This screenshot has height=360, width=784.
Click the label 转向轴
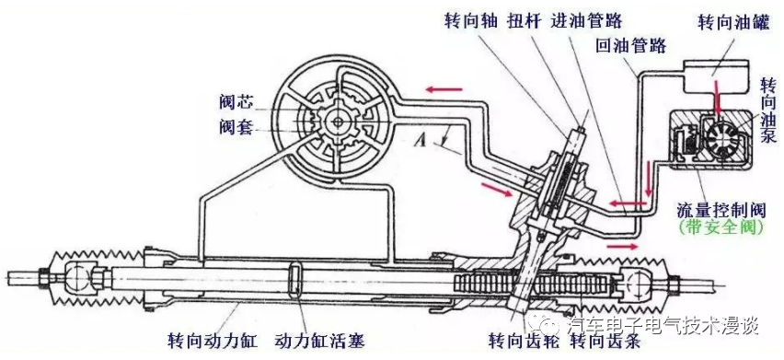[x=471, y=21]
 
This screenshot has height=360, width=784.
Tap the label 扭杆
[x=524, y=21]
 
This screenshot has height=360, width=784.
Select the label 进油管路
[x=586, y=21]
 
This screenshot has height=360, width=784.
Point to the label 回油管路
[x=631, y=46]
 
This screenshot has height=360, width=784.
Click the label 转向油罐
[x=733, y=23]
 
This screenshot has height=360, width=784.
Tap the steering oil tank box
[x=717, y=76]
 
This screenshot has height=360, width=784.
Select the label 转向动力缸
[x=213, y=341]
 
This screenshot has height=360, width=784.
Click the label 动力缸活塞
[x=319, y=341]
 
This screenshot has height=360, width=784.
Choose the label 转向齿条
[x=605, y=341]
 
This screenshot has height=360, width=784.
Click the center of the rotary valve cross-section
[x=339, y=122]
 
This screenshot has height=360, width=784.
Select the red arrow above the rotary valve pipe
[x=444, y=90]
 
